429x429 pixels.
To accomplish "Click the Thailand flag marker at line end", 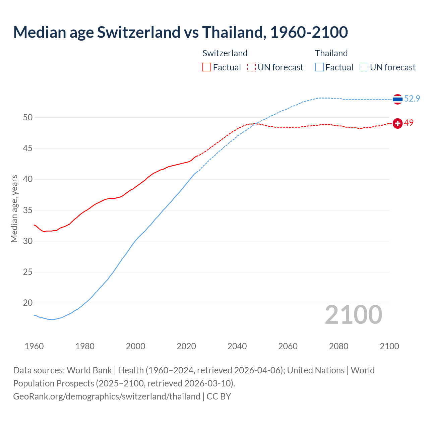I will point(397,99).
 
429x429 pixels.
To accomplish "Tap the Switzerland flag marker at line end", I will point(397,123).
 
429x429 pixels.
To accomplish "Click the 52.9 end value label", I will point(412,99).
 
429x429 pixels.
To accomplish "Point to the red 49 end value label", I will point(409,123).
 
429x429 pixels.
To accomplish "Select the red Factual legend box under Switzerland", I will point(207,67).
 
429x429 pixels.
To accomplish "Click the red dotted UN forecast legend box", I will point(251,67).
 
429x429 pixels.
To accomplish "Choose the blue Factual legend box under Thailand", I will point(319,67).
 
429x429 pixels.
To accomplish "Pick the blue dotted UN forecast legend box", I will point(364,67).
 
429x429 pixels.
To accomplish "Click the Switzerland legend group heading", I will point(225,53).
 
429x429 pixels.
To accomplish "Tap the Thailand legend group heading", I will point(331,53).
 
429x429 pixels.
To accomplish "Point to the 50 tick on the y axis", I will point(28,117).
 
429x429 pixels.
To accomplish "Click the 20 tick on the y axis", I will point(28,303).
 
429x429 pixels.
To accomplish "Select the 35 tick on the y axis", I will point(28,210).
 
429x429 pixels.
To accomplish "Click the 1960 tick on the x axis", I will point(34,346).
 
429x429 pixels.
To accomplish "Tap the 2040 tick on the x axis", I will point(237,346).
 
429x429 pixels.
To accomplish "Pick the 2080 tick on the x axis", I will point(339,346).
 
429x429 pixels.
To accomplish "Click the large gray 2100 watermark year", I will point(354,315).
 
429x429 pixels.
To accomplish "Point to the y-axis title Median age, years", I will point(14,208).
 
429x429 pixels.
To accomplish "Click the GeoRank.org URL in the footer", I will point(107,396).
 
